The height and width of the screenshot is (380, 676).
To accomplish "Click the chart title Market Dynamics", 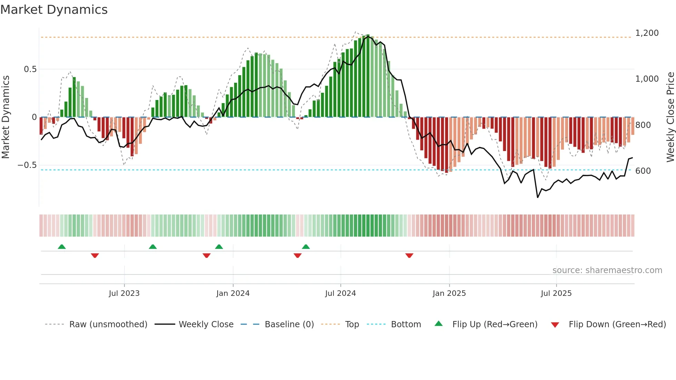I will click(54, 10).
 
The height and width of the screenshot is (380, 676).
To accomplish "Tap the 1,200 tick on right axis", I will click(647, 33).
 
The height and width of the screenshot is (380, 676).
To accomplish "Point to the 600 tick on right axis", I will click(643, 171).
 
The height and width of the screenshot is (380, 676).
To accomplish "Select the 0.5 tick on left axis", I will click(30, 69).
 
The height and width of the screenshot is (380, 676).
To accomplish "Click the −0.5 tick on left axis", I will click(27, 165).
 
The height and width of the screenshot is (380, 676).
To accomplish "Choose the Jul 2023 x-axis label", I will click(124, 293).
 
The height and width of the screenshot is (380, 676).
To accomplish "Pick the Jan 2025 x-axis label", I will click(449, 293).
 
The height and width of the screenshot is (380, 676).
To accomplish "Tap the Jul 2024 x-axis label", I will click(340, 293).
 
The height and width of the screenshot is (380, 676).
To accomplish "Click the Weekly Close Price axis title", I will click(670, 117).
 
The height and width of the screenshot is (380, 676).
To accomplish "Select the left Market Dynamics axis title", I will click(6, 117).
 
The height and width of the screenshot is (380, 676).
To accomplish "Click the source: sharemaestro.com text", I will click(607, 270).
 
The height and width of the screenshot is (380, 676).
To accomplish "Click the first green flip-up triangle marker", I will click(62, 247).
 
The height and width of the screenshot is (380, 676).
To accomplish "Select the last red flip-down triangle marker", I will click(409, 256).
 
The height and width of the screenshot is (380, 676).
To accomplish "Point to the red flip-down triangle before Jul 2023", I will click(95, 256).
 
